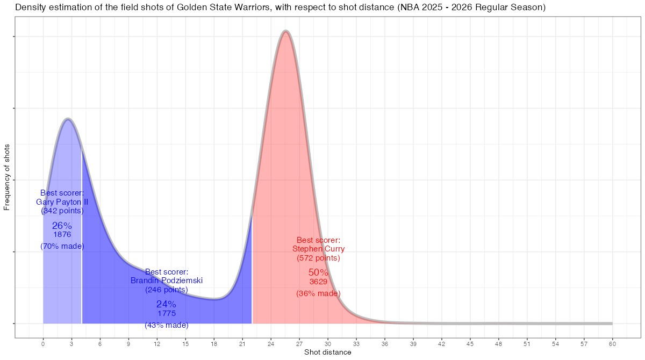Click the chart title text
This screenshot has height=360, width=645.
[280, 8]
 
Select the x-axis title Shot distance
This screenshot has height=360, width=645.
[328, 352]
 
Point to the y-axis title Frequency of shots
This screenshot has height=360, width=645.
[7, 177]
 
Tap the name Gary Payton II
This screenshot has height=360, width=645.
[62, 202]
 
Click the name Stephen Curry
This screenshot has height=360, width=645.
[319, 249]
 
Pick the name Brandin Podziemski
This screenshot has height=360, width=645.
[167, 280]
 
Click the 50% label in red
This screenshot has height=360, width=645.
[318, 272]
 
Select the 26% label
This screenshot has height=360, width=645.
[62, 226]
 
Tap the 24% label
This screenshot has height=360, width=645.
[166, 304]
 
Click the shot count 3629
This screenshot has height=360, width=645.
[318, 282]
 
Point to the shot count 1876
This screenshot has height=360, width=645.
[62, 235]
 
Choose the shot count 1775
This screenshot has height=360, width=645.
[167, 313]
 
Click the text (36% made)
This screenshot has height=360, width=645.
[318, 293]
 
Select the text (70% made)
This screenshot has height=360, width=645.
[62, 246]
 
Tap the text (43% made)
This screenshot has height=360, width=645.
[167, 325]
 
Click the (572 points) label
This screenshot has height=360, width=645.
[318, 258]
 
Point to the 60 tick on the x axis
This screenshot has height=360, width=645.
[612, 343]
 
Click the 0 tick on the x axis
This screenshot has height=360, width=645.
[43, 343]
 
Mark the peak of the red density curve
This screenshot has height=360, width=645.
[286, 31]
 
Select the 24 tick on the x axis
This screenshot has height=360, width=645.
[271, 343]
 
